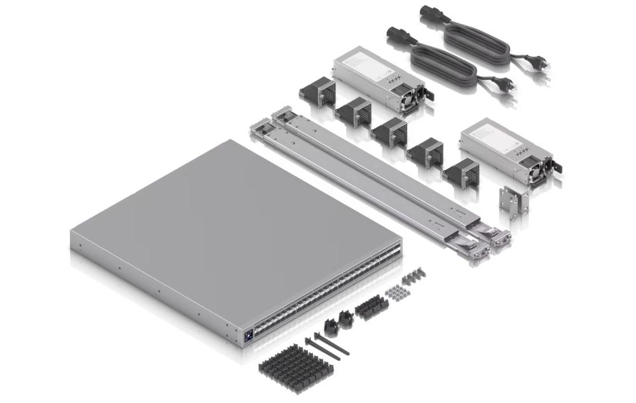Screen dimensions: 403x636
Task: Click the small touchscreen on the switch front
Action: click(x=247, y=332)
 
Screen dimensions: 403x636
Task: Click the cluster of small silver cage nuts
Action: click(x=399, y=292)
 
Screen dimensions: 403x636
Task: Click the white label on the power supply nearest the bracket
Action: click(x=487, y=135)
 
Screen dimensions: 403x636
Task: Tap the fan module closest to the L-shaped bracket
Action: click(x=461, y=172)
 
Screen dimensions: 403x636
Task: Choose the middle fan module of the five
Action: click(x=389, y=132)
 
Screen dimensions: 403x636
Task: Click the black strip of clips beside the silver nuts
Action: click(x=371, y=308)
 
